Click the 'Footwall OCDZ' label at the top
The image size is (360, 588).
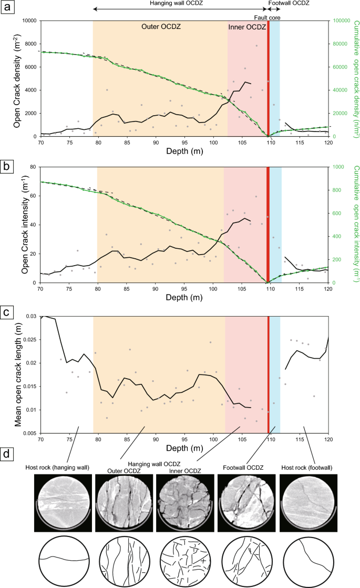[289, 3]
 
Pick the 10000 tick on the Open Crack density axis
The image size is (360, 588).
[26, 21]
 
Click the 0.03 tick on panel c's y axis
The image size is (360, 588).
[30, 316]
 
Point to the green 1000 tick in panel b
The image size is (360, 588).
[338, 167]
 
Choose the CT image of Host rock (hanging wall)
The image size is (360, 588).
[63, 502]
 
